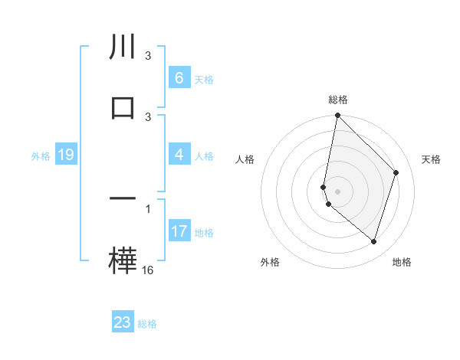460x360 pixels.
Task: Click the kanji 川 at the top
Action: [123, 47]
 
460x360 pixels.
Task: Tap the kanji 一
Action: [123, 198]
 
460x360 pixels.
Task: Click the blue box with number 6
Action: [179, 78]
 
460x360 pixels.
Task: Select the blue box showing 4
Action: [179, 155]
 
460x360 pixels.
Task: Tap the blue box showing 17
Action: [179, 231]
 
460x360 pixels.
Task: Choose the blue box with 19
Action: [65, 155]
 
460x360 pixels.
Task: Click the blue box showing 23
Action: [123, 322]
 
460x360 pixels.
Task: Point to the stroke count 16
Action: [148, 270]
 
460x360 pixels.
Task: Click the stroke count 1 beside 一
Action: [148, 208]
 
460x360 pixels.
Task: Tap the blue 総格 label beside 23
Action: [147, 323]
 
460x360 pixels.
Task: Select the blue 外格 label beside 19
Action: [41, 156]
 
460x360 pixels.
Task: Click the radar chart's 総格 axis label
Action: [338, 100]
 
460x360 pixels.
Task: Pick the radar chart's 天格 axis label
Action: [432, 159]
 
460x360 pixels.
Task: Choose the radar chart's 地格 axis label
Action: [402, 262]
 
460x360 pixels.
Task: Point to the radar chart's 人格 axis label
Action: [245, 159]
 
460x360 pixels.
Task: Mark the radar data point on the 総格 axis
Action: [337, 116]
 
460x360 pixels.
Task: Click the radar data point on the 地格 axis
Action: [373, 242]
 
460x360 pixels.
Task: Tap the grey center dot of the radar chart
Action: [337, 191]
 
